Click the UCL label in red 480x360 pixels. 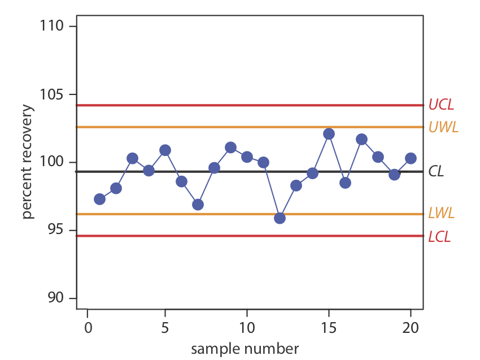click(441, 105)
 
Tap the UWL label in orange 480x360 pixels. click(443, 127)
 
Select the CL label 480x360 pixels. click(436, 171)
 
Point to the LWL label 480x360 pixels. click(441, 214)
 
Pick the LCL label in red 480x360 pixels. click(439, 236)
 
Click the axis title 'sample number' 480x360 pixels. click(245, 348)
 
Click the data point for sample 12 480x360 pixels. click(280, 218)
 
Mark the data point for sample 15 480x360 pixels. click(329, 134)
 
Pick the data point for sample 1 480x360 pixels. click(100, 199)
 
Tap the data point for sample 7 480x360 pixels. click(198, 205)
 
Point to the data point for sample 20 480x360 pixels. click(411, 158)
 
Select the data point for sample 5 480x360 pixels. click(165, 150)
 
